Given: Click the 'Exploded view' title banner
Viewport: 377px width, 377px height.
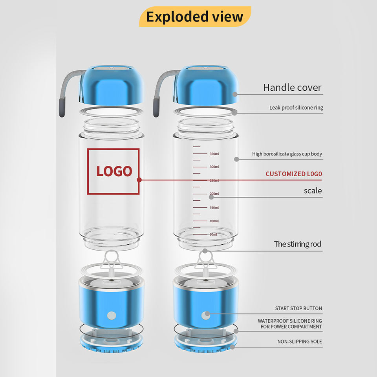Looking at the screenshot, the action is [x=195, y=17].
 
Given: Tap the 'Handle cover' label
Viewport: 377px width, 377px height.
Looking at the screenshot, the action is [x=292, y=88].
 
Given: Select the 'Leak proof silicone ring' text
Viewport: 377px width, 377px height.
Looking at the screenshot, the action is [x=296, y=108].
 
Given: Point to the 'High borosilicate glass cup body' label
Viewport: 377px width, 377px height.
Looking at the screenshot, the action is [x=287, y=154].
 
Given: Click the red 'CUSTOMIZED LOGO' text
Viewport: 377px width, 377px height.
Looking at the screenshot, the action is [x=293, y=174].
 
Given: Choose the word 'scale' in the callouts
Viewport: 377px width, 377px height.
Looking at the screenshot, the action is [x=313, y=191].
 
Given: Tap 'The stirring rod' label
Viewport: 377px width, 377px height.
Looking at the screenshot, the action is [x=297, y=244].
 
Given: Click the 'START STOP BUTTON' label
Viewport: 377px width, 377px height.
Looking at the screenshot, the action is [x=298, y=309].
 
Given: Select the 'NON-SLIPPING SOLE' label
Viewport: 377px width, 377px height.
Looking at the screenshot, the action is [x=299, y=342].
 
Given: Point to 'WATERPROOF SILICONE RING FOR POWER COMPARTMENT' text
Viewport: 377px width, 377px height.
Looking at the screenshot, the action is [x=290, y=324].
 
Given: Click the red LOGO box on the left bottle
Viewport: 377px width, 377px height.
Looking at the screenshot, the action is [x=113, y=171].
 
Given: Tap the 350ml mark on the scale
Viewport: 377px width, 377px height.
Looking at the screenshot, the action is [x=214, y=154].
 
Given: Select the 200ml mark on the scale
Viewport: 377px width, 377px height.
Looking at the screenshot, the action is [x=214, y=194].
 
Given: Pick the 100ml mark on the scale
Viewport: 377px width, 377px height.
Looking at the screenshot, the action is [x=214, y=221].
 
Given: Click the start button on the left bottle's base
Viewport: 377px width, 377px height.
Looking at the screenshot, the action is [x=112, y=315].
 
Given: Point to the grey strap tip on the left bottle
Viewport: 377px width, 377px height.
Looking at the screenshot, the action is [x=62, y=108].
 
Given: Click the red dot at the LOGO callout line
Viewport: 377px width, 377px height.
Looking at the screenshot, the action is [x=139, y=180].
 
